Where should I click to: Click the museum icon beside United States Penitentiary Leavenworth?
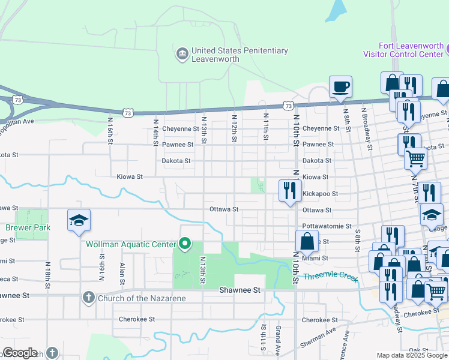pyautogui.click(x=182, y=55)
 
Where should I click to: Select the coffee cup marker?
pyautogui.click(x=340, y=87)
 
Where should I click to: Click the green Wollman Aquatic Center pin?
pyautogui.click(x=185, y=244)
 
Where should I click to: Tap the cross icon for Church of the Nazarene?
pyautogui.click(x=88, y=298)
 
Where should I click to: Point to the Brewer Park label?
pyautogui.click(x=28, y=227)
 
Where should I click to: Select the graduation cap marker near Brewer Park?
pyautogui.click(x=79, y=221)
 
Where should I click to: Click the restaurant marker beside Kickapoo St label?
pyautogui.click(x=290, y=191)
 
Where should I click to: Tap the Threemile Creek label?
pyautogui.click(x=330, y=277)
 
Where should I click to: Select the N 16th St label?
pyautogui.click(x=110, y=128)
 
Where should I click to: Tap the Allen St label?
pyautogui.click(x=122, y=273)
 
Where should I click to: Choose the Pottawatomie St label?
pyautogui.click(x=327, y=226)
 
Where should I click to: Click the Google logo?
pyautogui.click(x=20, y=353)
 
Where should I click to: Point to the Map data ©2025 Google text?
pyautogui.click(x=412, y=355)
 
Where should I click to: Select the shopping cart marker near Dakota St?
pyautogui.click(x=415, y=159)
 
